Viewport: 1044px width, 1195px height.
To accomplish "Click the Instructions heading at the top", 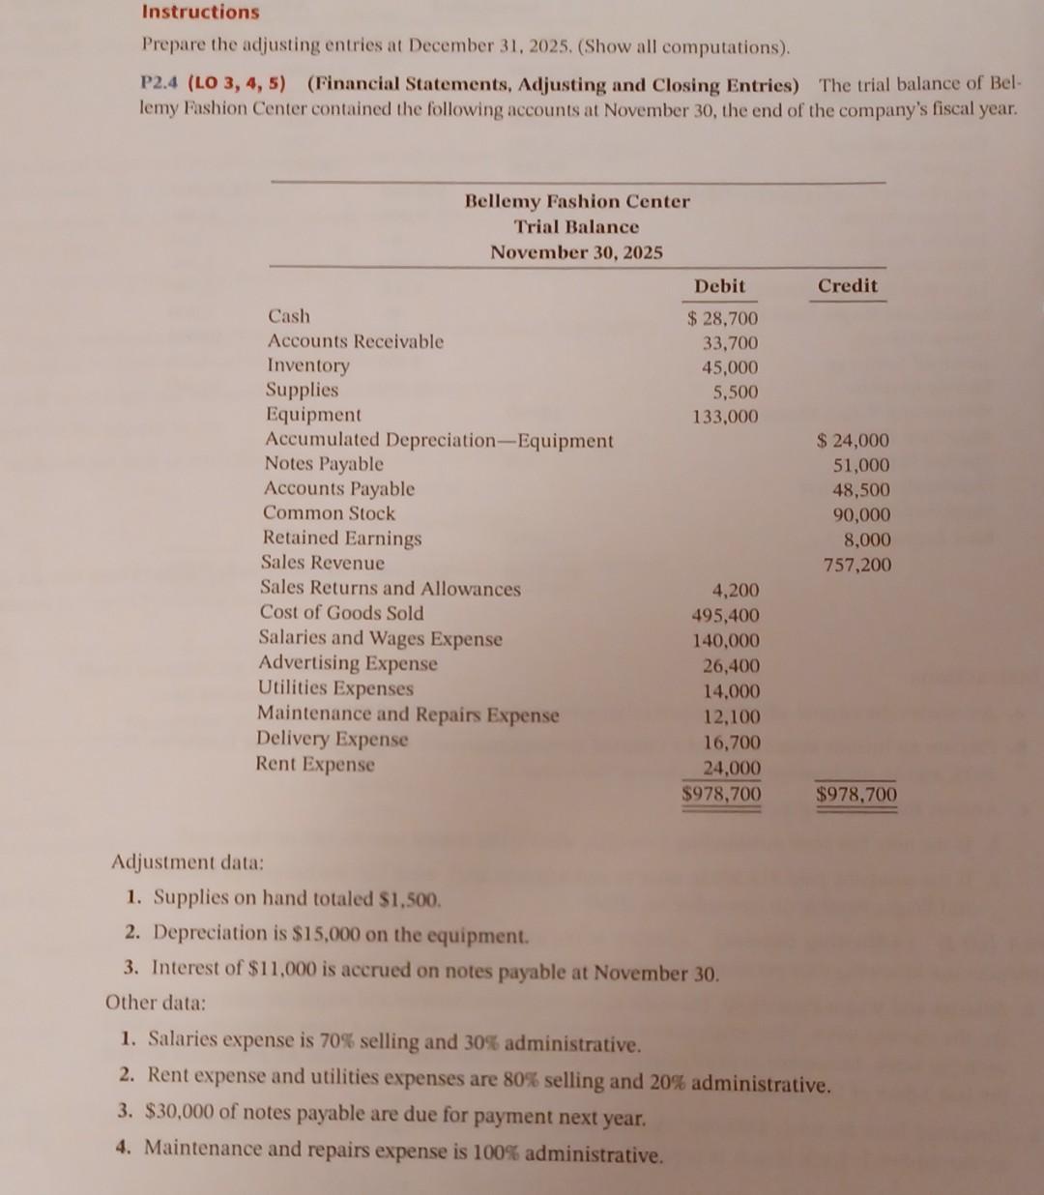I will (200, 13).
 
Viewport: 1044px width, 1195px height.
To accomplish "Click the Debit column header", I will (719, 286).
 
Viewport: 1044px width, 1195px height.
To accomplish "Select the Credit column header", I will (847, 285).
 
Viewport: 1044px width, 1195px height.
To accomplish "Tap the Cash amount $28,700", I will (722, 318).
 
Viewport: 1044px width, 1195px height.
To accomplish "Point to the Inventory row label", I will (308, 365).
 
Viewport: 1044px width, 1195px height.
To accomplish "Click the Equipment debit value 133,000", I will (725, 417).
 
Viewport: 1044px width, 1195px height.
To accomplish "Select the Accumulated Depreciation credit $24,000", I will (853, 441).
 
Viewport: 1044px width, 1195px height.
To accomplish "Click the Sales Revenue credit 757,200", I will (857, 565).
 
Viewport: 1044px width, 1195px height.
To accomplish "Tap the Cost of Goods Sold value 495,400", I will (725, 615).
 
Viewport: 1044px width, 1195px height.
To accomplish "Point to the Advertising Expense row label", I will (348, 663).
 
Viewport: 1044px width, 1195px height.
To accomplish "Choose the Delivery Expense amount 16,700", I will (731, 743).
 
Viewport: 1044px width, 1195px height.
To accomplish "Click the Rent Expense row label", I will (315, 764).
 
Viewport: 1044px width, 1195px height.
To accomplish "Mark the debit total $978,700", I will (721, 794).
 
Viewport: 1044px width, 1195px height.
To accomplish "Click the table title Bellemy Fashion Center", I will (577, 202).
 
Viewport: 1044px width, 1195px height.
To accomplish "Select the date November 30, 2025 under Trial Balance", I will (576, 252).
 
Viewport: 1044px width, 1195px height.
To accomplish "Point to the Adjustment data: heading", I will (188, 860).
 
